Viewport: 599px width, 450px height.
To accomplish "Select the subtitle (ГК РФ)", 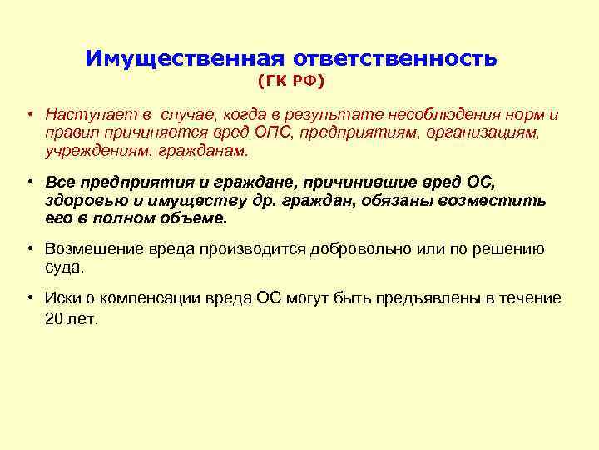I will click(x=290, y=82).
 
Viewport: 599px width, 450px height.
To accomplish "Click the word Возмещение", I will click(x=94, y=249).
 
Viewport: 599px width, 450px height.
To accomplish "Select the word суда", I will click(x=64, y=267).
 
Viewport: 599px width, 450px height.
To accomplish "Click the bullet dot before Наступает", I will click(x=27, y=115).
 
